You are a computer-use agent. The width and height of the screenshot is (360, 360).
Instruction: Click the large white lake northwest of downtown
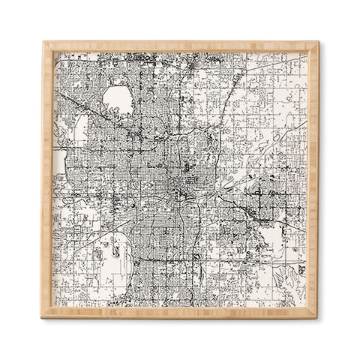point(117,97)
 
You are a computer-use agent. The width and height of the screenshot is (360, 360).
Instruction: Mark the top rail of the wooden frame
point(180,46)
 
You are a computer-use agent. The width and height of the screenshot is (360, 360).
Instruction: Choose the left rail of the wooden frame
point(47,180)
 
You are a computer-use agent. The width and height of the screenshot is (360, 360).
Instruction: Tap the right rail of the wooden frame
point(313,180)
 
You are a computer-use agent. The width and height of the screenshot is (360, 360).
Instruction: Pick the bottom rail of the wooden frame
point(180,313)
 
